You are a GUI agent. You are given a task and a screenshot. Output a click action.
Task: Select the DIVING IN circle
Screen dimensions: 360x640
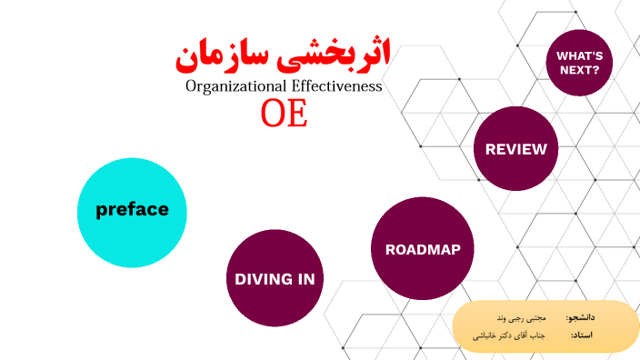click(x=275, y=278)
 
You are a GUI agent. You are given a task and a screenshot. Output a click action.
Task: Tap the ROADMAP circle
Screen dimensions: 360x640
click(x=423, y=248)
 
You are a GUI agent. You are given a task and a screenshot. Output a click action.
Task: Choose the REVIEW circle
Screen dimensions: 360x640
click(x=515, y=149)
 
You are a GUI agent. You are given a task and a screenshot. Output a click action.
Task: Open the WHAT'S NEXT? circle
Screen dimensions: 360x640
click(x=578, y=61)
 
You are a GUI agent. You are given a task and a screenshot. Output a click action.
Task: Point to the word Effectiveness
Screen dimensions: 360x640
click(x=336, y=87)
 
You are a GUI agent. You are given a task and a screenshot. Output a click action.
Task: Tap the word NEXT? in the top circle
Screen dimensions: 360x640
click(x=578, y=69)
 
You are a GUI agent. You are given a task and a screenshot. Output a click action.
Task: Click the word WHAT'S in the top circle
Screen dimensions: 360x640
click(x=578, y=54)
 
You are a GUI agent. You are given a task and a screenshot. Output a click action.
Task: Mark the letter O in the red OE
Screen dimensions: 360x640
click(x=272, y=115)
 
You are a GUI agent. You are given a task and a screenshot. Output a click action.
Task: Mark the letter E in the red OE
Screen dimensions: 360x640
click(x=296, y=115)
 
